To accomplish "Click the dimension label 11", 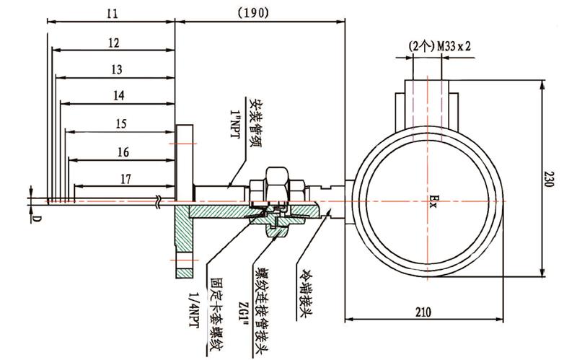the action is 113,14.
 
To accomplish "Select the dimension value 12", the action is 114,43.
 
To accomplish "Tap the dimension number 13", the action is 116,69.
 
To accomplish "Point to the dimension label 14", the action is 118,96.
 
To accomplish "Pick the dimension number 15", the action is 121,123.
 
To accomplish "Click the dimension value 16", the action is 123,152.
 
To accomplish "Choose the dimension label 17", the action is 125,179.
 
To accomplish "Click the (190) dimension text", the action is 253,13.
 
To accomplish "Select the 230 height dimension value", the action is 549,178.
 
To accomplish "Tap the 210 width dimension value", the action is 423,312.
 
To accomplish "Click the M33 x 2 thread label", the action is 454,46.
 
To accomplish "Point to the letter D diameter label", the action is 38,219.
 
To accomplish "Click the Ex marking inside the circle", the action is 433,202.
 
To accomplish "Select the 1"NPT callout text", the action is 235,124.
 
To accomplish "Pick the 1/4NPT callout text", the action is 193,309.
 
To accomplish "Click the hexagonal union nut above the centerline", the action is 277,184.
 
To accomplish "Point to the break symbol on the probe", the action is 159,202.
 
